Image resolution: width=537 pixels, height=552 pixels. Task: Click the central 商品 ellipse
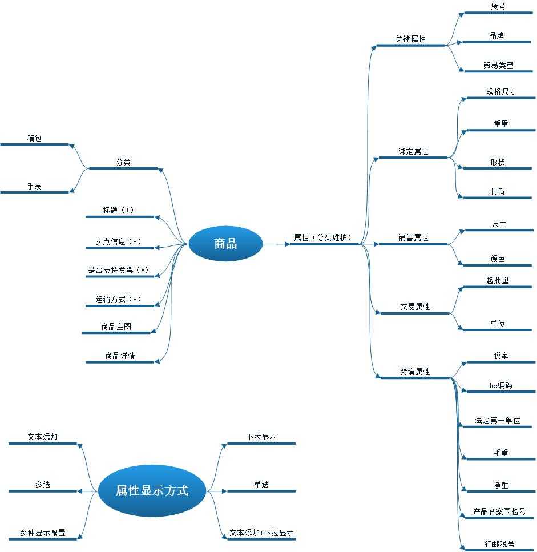225,244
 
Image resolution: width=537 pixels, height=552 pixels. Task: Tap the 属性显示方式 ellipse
152,490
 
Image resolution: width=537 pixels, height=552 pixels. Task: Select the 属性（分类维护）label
322,237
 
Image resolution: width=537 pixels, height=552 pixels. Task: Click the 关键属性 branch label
410,39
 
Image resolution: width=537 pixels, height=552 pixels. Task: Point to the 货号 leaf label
498,6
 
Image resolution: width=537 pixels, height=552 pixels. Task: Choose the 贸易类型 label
498,65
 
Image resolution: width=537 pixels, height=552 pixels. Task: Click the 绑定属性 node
413,152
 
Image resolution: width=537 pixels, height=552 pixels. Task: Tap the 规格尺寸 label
501,91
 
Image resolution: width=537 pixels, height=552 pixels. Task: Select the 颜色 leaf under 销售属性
498,259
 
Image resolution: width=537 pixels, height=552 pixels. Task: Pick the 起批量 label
498,280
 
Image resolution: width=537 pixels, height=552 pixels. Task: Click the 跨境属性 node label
415,372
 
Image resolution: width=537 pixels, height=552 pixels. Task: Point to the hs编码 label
500,385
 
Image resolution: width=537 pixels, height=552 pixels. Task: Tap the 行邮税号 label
499,544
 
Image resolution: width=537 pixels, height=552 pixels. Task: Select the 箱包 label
34,138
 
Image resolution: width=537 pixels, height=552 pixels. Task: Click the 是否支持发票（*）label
119,270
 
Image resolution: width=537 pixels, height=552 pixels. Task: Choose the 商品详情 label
120,356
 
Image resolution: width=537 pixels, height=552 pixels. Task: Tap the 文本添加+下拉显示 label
261,533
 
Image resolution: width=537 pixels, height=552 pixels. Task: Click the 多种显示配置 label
42,533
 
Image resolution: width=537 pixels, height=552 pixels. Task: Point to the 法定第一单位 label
498,420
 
